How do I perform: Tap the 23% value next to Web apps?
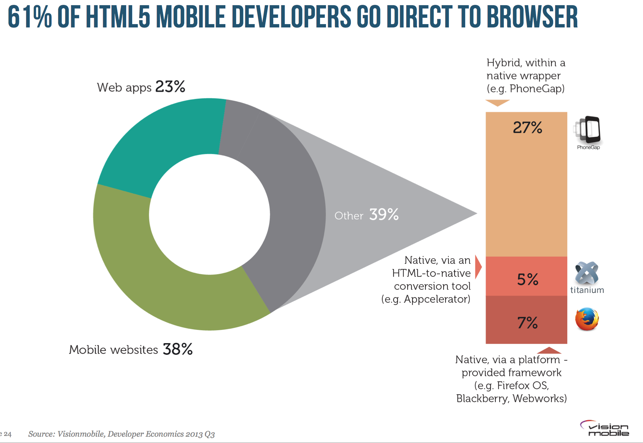coord(170,87)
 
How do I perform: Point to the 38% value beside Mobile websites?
coord(177,349)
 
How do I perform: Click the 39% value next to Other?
coord(384,214)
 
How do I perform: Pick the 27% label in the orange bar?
coord(527,128)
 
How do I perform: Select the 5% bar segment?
coord(526,276)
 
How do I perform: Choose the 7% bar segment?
coord(526,320)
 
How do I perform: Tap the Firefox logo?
coord(587,319)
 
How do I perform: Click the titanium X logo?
coord(587,273)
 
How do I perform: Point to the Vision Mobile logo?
coord(605,429)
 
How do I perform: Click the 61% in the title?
coord(30,17)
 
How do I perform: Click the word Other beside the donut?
coord(349,216)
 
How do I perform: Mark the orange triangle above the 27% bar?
coord(497,102)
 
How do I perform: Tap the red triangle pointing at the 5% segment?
coord(478,267)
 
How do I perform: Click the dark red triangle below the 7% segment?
coord(549,350)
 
